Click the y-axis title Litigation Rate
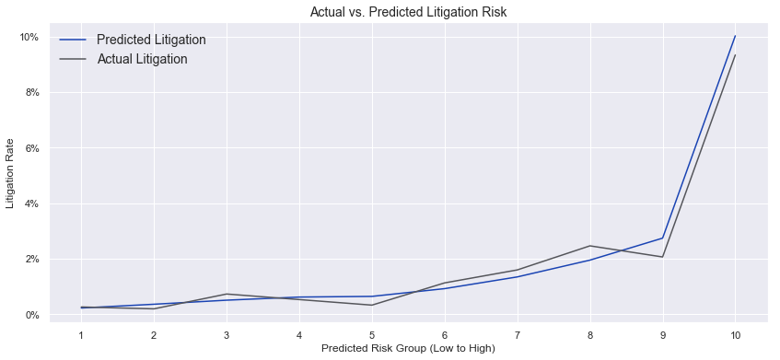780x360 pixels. pyautogui.click(x=11, y=176)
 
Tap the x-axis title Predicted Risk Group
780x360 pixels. pyautogui.click(x=407, y=348)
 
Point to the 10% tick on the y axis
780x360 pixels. pyautogui.click(x=30, y=37)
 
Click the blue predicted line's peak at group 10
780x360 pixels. pyautogui.click(x=735, y=36)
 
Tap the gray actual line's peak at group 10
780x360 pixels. pyautogui.click(x=735, y=55)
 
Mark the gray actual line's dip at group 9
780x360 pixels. pyautogui.click(x=662, y=257)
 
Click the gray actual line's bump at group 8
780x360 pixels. pyautogui.click(x=589, y=246)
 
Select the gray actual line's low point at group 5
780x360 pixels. pyautogui.click(x=372, y=305)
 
